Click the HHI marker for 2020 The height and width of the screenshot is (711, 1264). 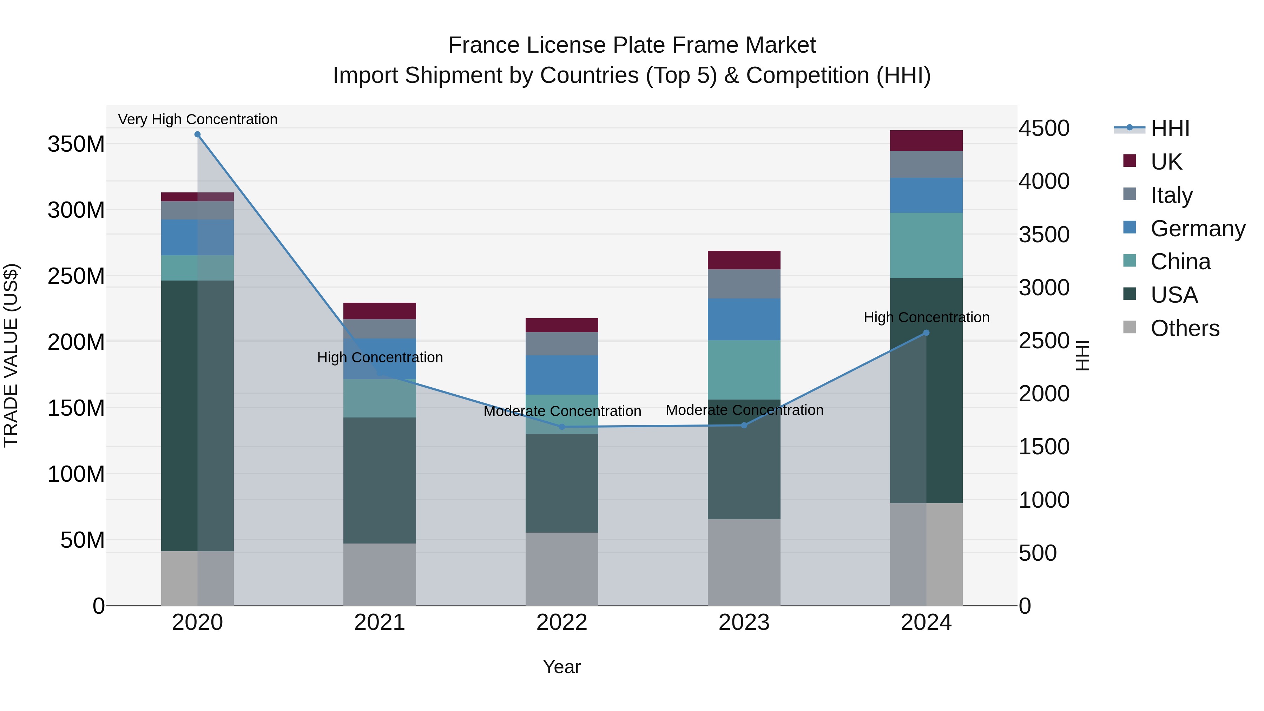click(x=197, y=134)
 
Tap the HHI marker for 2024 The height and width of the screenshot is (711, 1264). click(x=926, y=333)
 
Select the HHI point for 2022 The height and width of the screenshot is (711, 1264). click(x=562, y=427)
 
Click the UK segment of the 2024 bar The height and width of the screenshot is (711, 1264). click(x=926, y=141)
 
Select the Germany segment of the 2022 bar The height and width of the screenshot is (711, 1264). click(x=562, y=375)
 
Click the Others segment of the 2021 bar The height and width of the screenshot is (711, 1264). click(x=379, y=574)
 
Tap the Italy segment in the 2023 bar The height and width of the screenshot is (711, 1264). click(x=744, y=284)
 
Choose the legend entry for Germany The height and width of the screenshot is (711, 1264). click(x=1197, y=229)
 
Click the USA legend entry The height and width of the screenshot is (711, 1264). click(x=1174, y=295)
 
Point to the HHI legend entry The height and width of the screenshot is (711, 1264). click(x=1170, y=129)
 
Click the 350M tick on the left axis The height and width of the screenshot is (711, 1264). click(x=76, y=144)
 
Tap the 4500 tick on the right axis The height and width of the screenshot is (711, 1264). click(x=1044, y=129)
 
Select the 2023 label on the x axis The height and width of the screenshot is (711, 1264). click(x=744, y=623)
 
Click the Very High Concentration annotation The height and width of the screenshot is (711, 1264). click(x=198, y=119)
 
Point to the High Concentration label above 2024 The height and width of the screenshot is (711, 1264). click(x=926, y=317)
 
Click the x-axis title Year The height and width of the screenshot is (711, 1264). click(x=562, y=667)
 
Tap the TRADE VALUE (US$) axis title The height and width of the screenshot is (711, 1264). click(x=11, y=355)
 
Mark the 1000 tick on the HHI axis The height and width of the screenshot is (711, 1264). click(x=1044, y=500)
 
